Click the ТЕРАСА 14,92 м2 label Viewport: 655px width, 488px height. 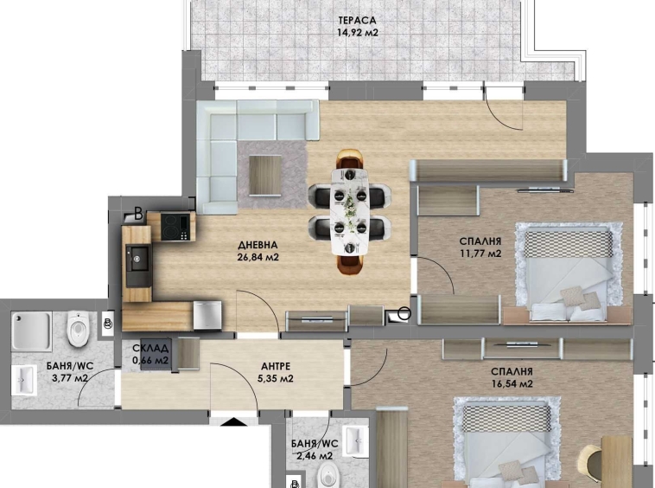[358, 26]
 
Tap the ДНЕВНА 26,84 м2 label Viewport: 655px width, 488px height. [258, 250]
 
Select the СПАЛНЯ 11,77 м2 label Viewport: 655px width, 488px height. [480, 247]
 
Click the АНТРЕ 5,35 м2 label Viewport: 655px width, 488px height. [272, 372]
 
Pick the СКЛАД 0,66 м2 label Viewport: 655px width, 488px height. [150, 355]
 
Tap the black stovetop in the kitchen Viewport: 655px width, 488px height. [177, 226]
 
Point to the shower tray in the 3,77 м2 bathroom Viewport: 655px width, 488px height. [33, 330]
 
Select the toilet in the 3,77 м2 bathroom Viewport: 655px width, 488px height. [78, 328]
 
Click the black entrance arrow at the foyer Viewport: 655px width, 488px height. [233, 421]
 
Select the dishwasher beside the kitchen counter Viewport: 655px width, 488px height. [207, 315]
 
